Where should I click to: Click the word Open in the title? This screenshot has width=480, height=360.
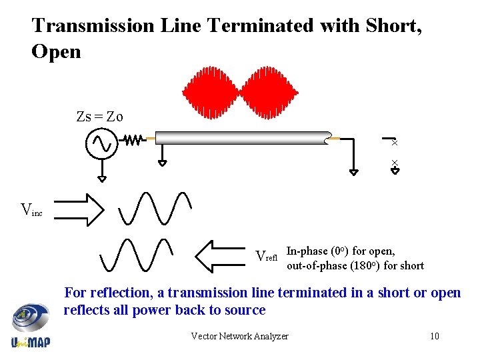pyautogui.click(x=56, y=51)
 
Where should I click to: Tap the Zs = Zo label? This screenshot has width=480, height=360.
pyautogui.click(x=99, y=117)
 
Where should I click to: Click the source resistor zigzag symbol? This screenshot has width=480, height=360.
pyautogui.click(x=133, y=141)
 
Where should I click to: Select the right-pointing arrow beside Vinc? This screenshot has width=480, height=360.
pyautogui.click(x=79, y=209)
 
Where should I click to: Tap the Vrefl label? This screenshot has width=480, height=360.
pyautogui.click(x=267, y=256)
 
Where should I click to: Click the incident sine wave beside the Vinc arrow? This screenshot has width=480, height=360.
pyautogui.click(x=155, y=208)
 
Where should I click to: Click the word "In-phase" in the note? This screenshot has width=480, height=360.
pyautogui.click(x=307, y=251)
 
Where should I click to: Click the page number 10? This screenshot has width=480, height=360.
pyautogui.click(x=434, y=336)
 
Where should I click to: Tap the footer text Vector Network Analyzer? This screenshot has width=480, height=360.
pyautogui.click(x=239, y=336)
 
